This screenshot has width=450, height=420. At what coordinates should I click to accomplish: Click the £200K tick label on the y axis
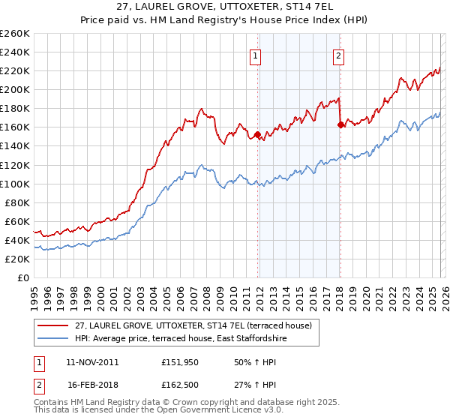pos(15,89)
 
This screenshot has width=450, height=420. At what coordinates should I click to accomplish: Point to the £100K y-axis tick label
pos(15,184)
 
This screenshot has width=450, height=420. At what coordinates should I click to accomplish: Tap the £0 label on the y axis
pos(24,277)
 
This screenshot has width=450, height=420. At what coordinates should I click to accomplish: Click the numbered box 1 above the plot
pos(256,55)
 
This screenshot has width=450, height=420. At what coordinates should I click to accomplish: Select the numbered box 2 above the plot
pos(338,55)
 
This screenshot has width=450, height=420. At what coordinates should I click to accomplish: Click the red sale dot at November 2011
pos(258,135)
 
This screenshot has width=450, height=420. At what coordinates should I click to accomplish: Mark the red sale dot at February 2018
pos(340,125)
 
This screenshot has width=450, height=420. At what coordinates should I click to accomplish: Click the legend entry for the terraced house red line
pos(198,325)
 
